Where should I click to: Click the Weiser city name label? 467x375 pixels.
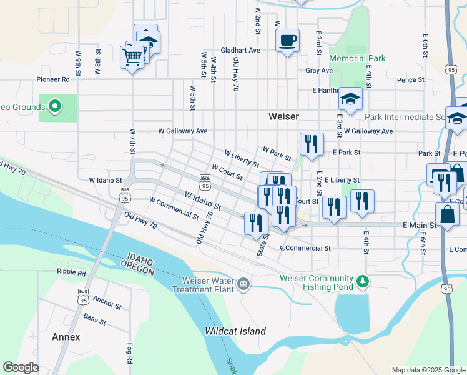click(x=283, y=116)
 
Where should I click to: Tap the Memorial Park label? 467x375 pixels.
click(x=357, y=59)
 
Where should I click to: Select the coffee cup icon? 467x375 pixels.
click(x=287, y=40)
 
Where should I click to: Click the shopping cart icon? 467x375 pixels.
click(x=132, y=57)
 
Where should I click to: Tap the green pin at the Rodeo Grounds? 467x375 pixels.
click(x=54, y=106)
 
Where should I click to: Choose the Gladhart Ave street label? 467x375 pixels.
click(x=240, y=50)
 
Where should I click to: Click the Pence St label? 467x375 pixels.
click(x=410, y=80)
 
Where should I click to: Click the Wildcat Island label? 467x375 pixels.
click(x=235, y=331)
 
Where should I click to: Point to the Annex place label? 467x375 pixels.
click(x=66, y=337)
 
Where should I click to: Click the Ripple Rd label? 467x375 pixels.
click(x=71, y=272)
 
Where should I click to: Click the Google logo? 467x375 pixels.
click(x=21, y=367)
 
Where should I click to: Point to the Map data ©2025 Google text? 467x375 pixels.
click(x=428, y=370)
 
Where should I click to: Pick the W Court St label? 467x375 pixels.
click(x=227, y=172)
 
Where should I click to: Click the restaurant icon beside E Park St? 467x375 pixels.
click(x=310, y=144)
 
